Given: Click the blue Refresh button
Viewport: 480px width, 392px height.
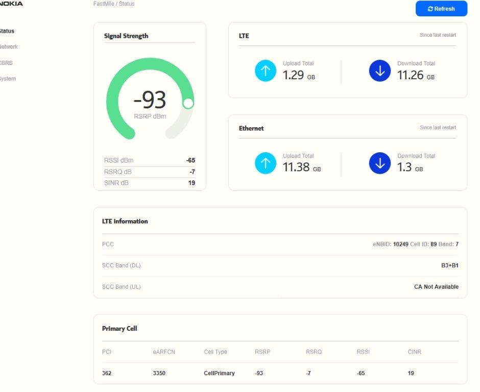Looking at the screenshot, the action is tap(441, 9).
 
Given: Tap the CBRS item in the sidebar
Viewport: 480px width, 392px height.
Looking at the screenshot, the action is tap(6, 63).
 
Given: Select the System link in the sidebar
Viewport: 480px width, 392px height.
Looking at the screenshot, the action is tap(8, 79).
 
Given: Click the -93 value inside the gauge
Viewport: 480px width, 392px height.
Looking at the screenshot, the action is tap(150, 100).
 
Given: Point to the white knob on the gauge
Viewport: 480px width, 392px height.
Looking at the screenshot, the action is tap(188, 104).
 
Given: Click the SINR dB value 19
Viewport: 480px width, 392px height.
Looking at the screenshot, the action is tap(191, 183).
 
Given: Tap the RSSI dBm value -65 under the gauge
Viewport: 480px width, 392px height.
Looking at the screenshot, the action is tap(190, 160).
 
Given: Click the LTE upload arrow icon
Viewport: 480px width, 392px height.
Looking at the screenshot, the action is tap(266, 71).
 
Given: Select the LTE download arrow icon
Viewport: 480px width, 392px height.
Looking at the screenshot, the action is tap(380, 71).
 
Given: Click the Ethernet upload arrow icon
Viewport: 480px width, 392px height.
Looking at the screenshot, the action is tap(266, 163).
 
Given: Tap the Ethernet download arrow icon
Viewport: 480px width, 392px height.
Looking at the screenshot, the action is tap(380, 163).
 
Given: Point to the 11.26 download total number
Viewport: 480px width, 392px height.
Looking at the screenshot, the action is tap(410, 75).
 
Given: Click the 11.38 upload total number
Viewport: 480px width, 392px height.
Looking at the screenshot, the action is tap(296, 167).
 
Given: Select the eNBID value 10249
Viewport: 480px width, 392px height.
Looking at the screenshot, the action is tap(401, 244).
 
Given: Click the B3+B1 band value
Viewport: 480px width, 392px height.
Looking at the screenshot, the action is tap(450, 265).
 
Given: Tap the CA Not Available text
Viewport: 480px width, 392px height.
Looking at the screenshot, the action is tap(436, 287).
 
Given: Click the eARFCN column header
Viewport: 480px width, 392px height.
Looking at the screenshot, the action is tap(164, 352).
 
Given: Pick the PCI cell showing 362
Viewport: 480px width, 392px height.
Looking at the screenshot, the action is tap(107, 373).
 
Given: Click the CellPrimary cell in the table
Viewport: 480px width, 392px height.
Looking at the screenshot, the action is tap(219, 373).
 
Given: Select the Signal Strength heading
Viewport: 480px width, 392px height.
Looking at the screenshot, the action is tap(126, 36).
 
